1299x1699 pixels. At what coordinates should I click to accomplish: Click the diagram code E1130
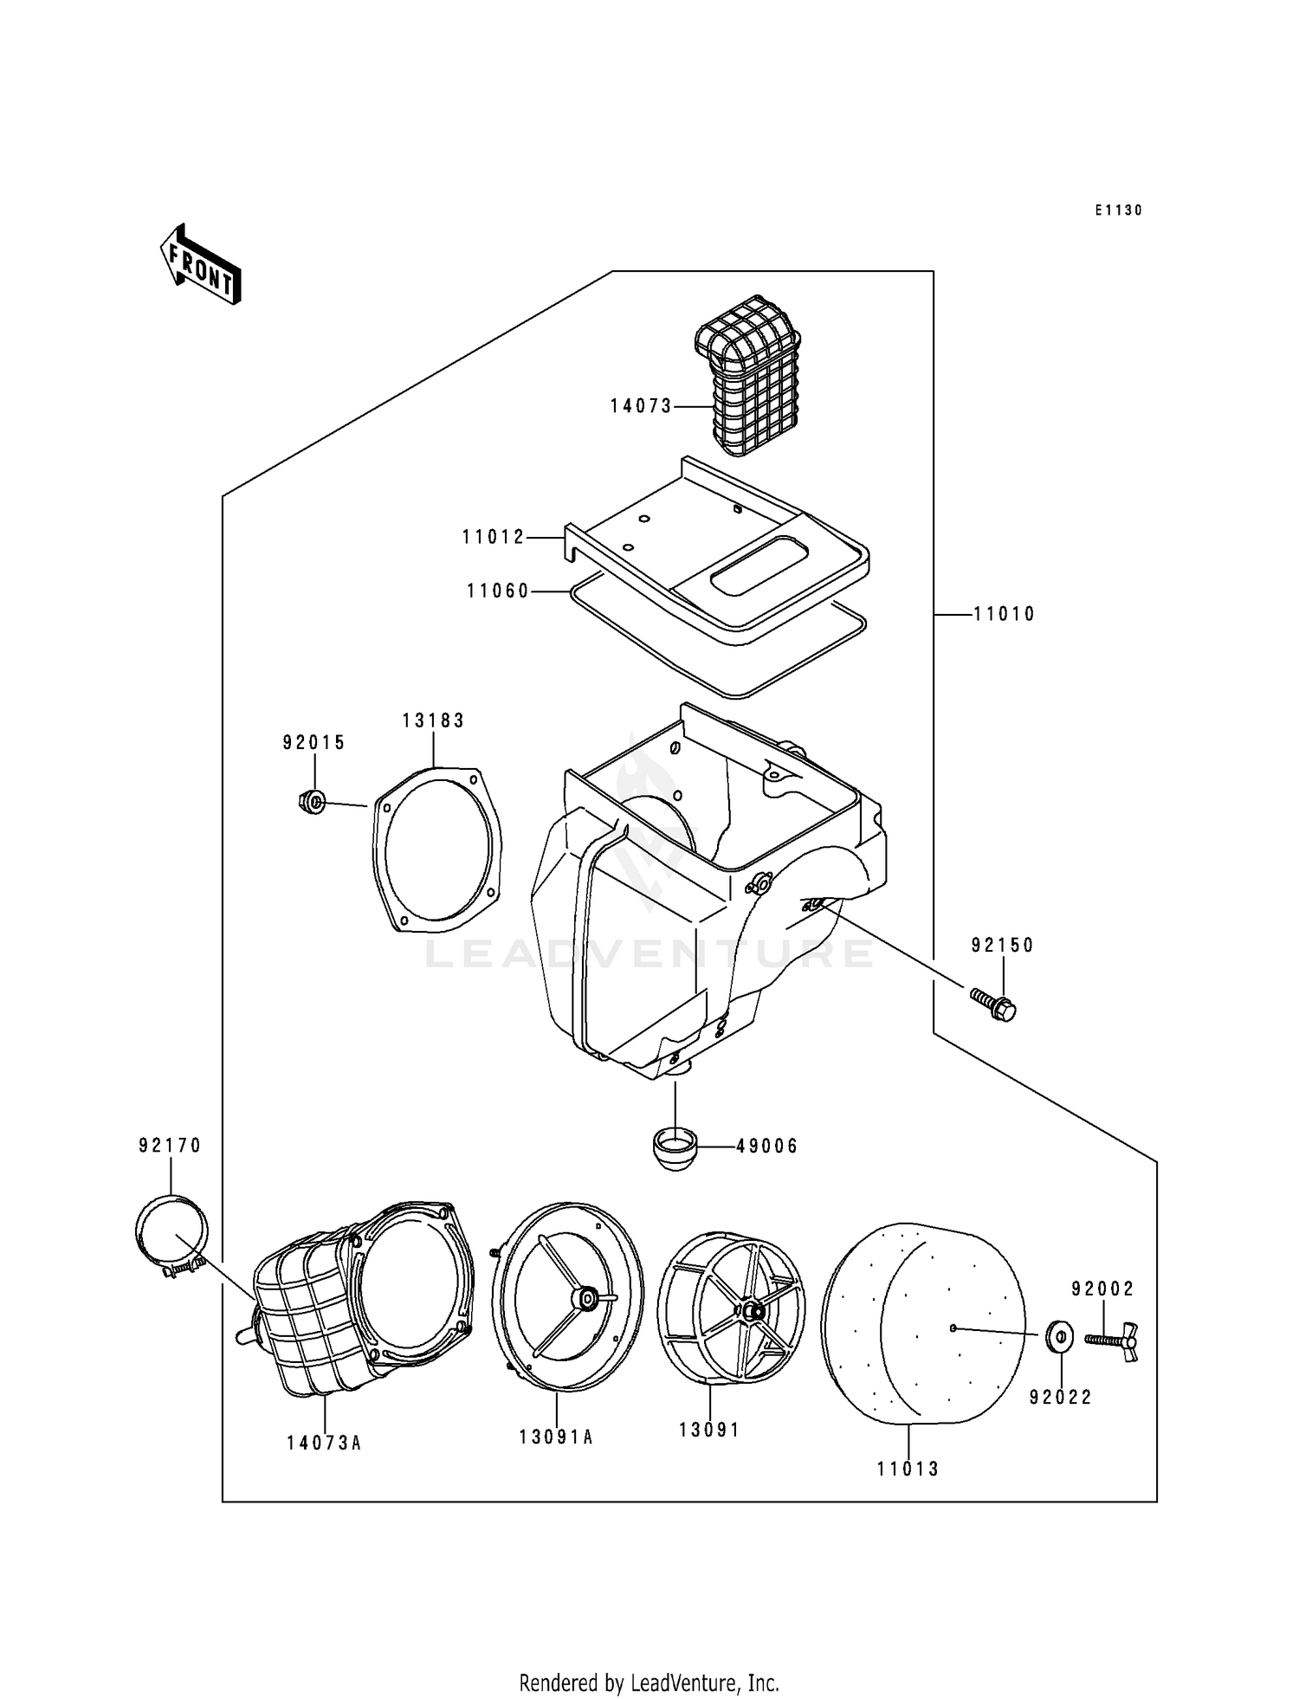[1118, 210]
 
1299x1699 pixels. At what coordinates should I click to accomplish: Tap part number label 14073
[641, 406]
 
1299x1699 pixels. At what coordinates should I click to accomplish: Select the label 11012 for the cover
[494, 538]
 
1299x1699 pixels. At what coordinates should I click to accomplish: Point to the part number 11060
[498, 591]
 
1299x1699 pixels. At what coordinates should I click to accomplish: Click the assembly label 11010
[1004, 615]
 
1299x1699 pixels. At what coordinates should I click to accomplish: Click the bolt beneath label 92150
[993, 1005]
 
